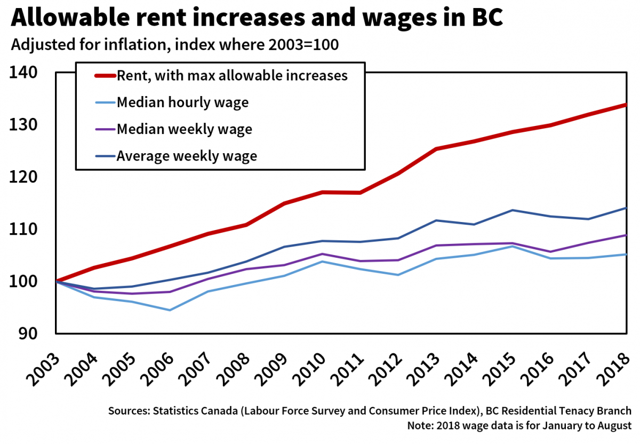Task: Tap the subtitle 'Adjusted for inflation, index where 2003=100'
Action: pos(175,45)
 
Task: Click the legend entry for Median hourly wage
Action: pos(182,102)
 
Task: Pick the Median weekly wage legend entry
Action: pos(184,129)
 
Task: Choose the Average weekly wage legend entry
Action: pos(187,156)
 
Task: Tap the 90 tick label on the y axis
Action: pos(29,334)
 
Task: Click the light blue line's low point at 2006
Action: pos(170,310)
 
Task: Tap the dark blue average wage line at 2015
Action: pos(512,210)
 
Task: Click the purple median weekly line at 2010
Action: pos(322,254)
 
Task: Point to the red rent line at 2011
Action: pos(360,193)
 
